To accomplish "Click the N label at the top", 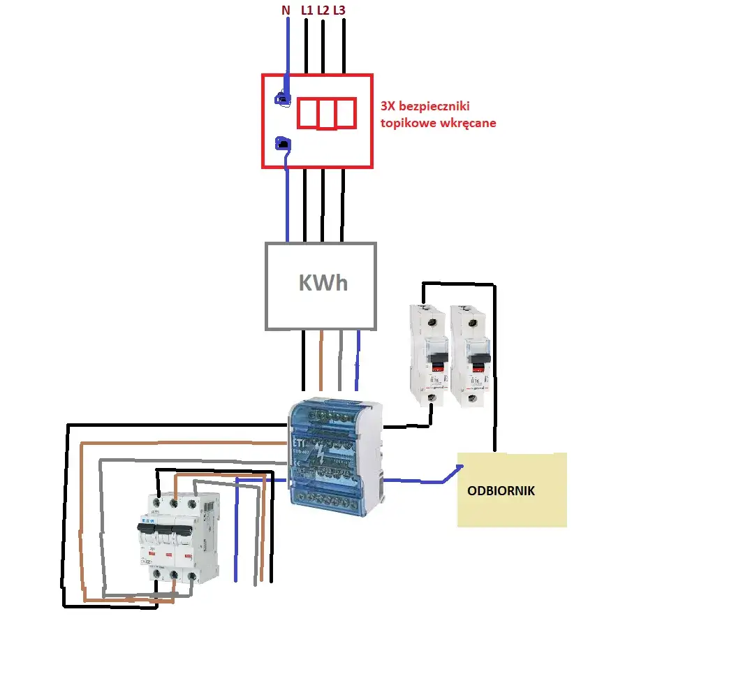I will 286,10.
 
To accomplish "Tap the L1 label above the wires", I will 307,10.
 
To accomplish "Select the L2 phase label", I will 323,10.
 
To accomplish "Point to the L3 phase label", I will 339,10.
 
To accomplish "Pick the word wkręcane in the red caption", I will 467,123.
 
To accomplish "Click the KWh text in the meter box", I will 323,283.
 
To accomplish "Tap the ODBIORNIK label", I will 501,491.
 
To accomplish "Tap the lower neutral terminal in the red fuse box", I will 285,144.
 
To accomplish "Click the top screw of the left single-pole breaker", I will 432,323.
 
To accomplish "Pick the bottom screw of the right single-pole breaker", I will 473,398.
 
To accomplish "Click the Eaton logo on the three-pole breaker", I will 147,520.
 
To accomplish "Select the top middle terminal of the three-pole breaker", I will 174,501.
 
